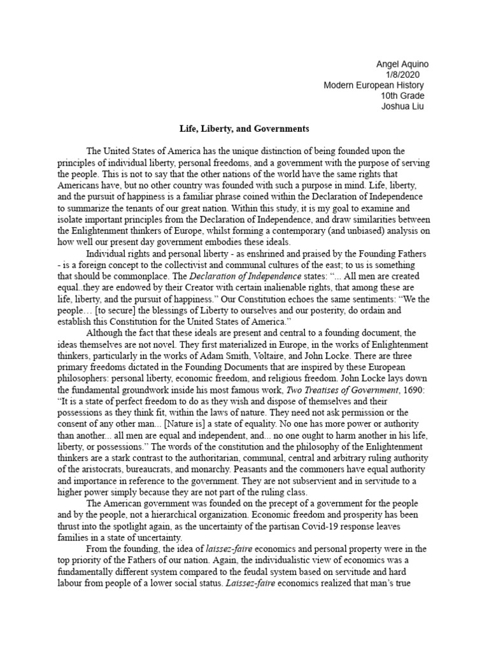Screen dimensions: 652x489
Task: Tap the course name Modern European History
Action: click(373, 85)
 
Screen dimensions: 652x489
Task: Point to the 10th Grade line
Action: click(402, 96)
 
